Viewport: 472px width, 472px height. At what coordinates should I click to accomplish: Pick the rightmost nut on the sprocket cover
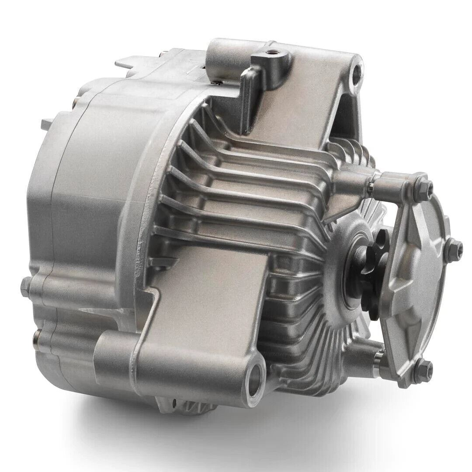click(x=455, y=248)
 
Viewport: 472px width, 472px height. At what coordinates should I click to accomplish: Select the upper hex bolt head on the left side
click(x=26, y=286)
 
